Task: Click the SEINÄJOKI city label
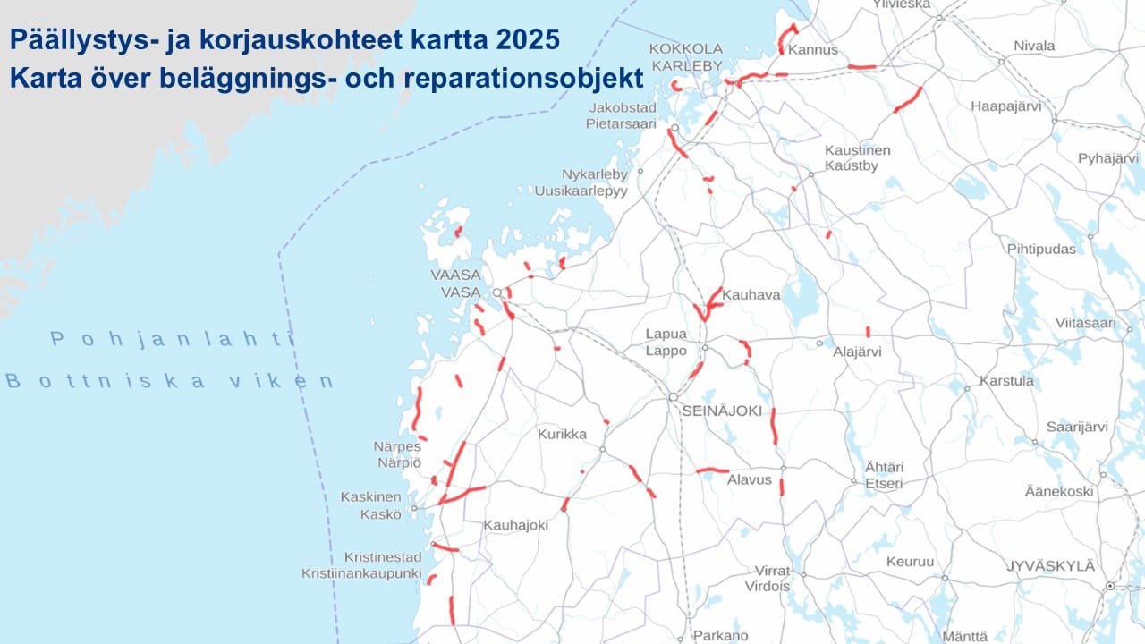coord(721,411)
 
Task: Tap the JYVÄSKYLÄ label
coord(1050,566)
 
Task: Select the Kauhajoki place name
coord(515,525)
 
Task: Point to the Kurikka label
coord(562,435)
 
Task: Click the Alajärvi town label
coord(857,352)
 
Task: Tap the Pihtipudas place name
coord(1041,249)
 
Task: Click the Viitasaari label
coord(1085,323)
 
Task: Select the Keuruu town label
coord(910,562)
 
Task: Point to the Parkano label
coord(721,636)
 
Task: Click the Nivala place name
coord(1034,46)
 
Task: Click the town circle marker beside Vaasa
coord(497,292)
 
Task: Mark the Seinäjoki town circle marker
coord(673,396)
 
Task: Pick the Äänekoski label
coord(1059,491)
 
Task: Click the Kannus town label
coord(813,49)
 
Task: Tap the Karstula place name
coord(1006,381)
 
